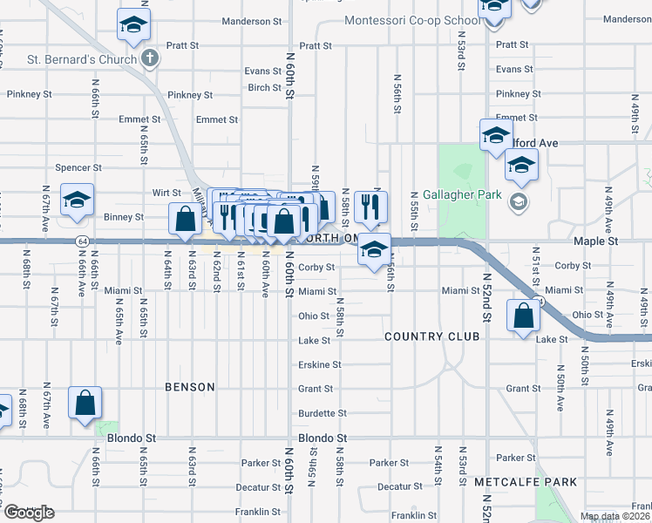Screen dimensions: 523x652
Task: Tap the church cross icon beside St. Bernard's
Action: [150, 59]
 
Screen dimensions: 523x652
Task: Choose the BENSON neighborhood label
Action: [189, 387]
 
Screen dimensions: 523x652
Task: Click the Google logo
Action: [28, 513]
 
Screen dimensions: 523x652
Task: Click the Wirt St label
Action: [166, 193]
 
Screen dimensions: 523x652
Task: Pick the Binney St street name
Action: [125, 216]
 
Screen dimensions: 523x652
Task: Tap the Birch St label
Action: [264, 87]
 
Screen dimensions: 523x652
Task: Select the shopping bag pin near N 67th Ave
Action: [85, 404]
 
